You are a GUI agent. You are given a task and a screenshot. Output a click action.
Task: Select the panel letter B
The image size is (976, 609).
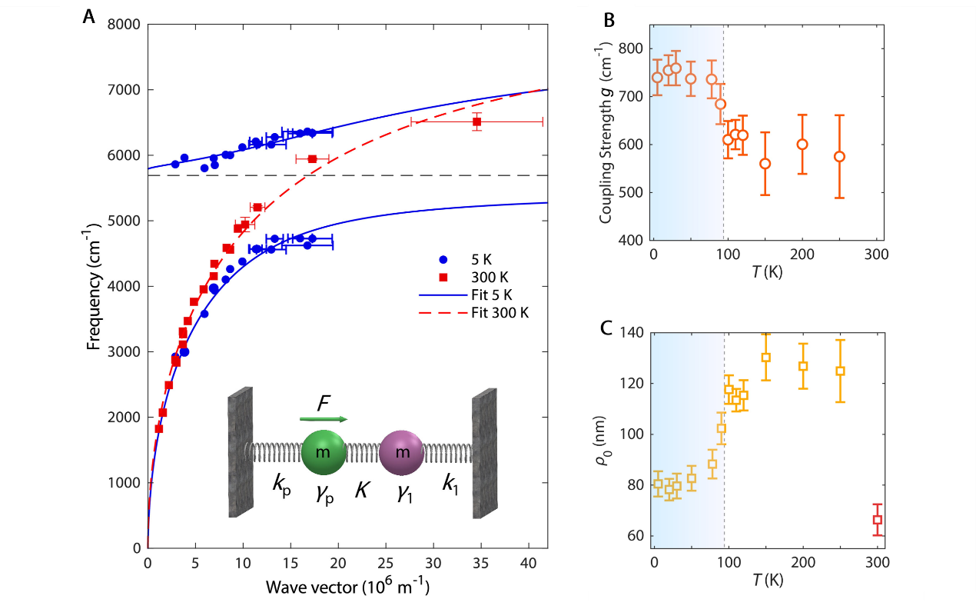tap(609, 21)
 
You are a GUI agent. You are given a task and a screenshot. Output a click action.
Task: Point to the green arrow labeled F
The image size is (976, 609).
tap(324, 419)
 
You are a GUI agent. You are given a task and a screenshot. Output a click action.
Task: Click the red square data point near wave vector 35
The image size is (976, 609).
tap(477, 121)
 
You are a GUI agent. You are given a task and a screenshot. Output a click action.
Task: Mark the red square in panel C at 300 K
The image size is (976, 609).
tap(877, 520)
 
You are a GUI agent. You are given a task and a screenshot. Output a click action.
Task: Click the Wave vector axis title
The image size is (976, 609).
tap(347, 587)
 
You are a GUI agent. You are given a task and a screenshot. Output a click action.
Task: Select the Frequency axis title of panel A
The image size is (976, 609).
tap(94, 287)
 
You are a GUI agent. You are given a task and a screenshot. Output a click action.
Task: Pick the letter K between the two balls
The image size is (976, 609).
tap(360, 488)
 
